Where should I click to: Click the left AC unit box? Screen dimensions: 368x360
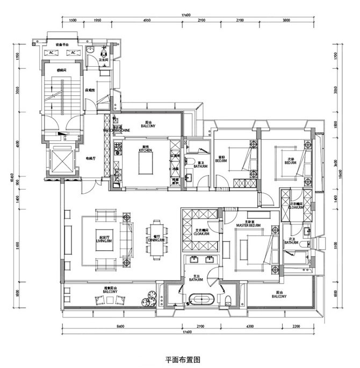pos(52,53)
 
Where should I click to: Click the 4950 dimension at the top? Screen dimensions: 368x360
pos(146,20)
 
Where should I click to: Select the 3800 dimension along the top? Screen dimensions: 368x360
pos(286,20)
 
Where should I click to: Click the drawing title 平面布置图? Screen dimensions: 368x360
pos(179,357)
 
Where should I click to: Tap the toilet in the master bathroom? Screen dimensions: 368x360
pos(228,299)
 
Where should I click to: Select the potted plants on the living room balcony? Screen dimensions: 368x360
pos(150,298)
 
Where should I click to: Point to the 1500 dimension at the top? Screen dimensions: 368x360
pos(73,20)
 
